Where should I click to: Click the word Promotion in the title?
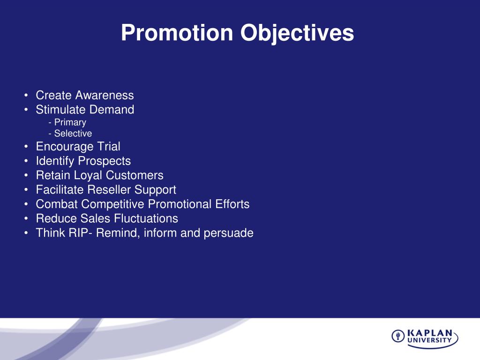pyautogui.click(x=177, y=32)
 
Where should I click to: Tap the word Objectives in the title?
pyautogui.click(x=297, y=33)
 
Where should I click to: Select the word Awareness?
pyautogui.click(x=105, y=95)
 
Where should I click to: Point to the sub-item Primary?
pyautogui.click(x=70, y=122)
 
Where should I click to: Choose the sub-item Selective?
pyautogui.click(x=73, y=134)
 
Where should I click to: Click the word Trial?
pyautogui.click(x=108, y=146)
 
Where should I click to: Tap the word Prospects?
pyautogui.click(x=105, y=161)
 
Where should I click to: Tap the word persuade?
pyautogui.click(x=228, y=233)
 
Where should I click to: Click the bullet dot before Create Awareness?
pyautogui.click(x=26, y=95)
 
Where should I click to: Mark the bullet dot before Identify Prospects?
pyautogui.click(x=26, y=161)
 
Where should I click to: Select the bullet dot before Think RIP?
pyautogui.click(x=26, y=233)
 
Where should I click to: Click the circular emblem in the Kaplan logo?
pyautogui.click(x=398, y=336)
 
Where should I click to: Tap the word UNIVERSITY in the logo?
pyautogui.click(x=429, y=340)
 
